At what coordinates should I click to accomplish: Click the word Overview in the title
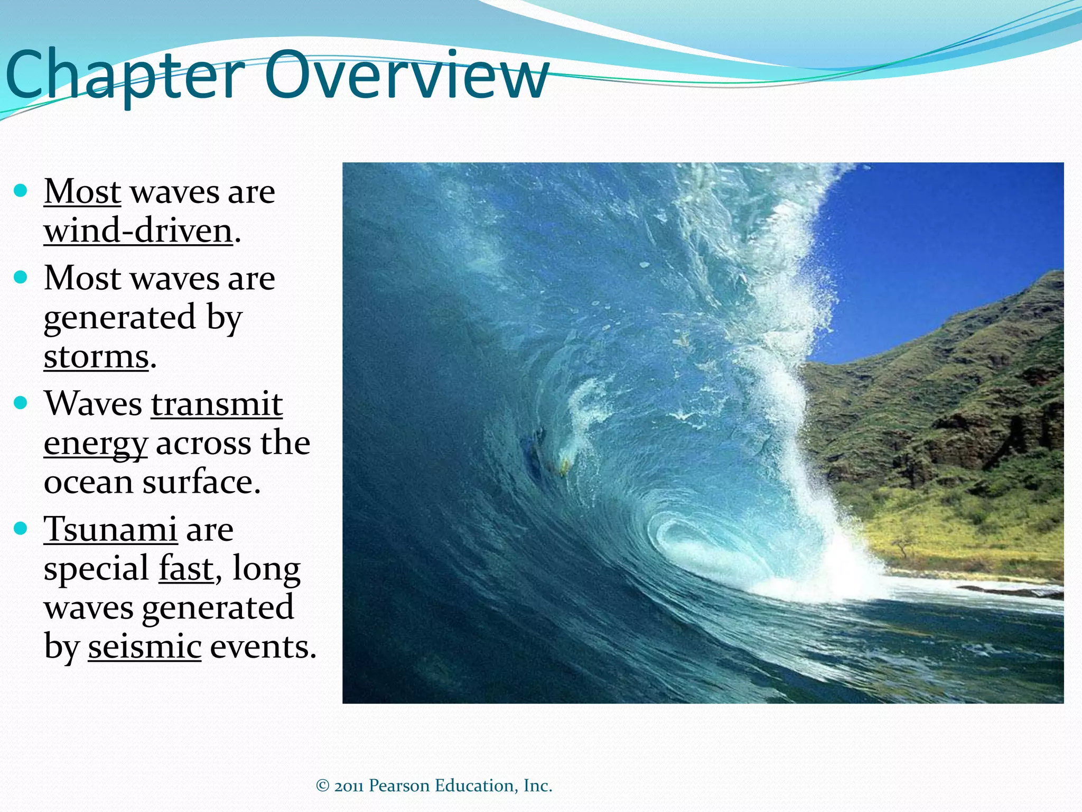pos(407,76)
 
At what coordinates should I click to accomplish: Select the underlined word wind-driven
pos(138,232)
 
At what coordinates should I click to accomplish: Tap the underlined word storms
pos(96,357)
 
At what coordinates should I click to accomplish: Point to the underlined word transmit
pos(217,404)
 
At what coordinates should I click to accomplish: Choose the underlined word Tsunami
pos(110,529)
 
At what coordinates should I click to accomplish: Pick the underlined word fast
pos(186,569)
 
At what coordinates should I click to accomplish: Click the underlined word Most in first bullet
pos(82,191)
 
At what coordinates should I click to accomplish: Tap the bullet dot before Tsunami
pos(21,528)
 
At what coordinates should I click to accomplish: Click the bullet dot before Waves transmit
pos(21,403)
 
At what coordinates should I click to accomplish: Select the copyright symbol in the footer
pos(323,786)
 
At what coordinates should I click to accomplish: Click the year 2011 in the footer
pos(349,786)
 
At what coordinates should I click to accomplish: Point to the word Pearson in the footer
pos(399,786)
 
